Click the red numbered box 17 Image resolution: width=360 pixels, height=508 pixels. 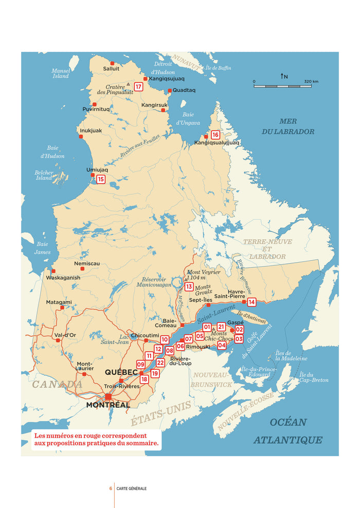(x=138, y=87)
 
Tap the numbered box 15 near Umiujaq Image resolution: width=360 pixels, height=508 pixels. (x=101, y=179)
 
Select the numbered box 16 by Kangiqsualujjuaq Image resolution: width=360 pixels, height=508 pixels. (x=215, y=135)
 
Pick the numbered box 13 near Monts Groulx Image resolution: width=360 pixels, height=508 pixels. (x=189, y=286)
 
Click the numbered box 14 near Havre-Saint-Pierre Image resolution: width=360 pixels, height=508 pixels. (x=251, y=302)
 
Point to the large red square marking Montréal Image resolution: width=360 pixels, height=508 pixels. (x=108, y=396)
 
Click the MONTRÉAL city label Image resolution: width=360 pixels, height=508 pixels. (x=108, y=405)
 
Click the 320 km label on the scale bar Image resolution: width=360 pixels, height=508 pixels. (x=311, y=81)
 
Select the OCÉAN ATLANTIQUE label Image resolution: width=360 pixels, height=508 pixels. (x=287, y=431)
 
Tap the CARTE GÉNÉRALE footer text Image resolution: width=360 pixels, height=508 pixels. (x=131, y=488)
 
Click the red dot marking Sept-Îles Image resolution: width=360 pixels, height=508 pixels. (x=208, y=305)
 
